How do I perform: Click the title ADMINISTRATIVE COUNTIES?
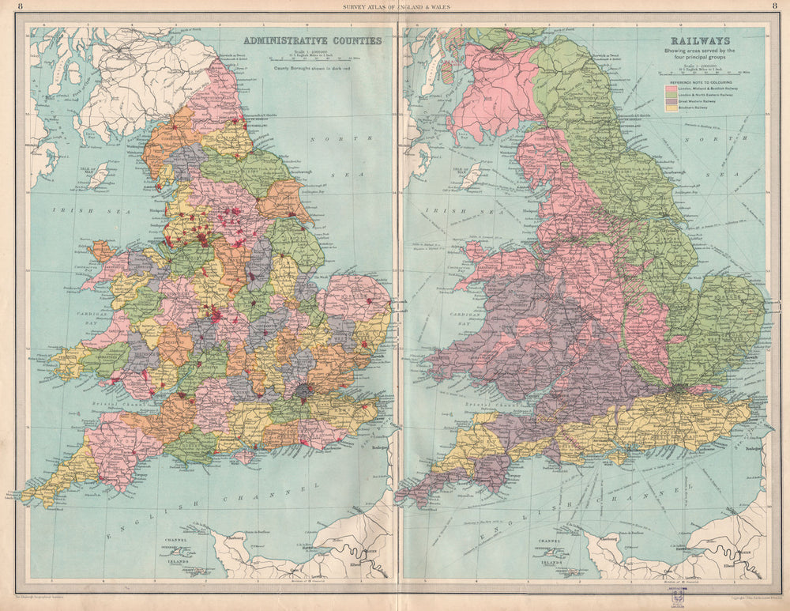coord(312,40)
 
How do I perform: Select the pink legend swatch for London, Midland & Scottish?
coord(671,89)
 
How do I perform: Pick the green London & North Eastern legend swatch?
coord(671,95)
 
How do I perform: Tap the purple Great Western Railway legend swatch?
coord(671,101)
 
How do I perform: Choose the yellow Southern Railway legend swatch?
coord(671,107)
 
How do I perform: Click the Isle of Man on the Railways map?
coord(472,175)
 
